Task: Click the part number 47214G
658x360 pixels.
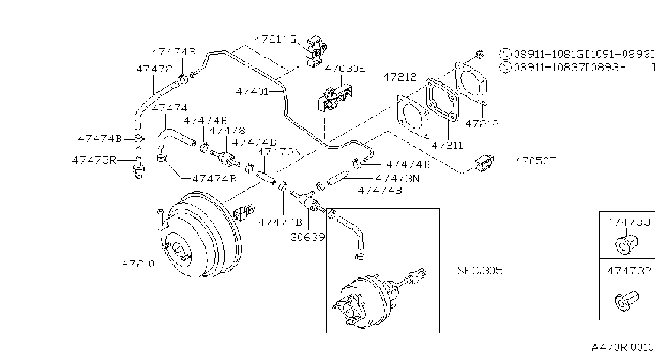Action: (x=275, y=40)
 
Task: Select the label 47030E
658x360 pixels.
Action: (x=345, y=69)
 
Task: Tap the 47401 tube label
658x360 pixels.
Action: (x=252, y=92)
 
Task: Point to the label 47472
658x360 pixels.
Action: (x=154, y=69)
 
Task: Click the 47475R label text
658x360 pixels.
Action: (x=94, y=161)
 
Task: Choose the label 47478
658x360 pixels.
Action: (x=227, y=131)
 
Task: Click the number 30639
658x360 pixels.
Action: (x=308, y=237)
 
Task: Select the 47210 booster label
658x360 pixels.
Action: (x=138, y=264)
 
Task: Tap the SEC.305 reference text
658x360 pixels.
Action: (x=480, y=271)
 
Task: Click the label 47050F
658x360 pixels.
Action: (x=535, y=161)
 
